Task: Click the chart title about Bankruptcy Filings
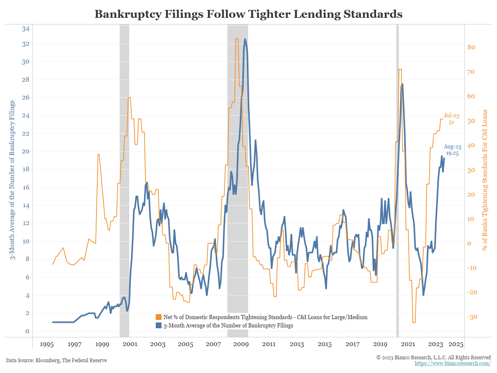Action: pyautogui.click(x=248, y=14)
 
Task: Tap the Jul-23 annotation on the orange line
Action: pyautogui.click(x=451, y=116)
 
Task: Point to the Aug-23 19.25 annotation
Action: pyautogui.click(x=452, y=150)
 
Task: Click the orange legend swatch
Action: pyautogui.click(x=159, y=317)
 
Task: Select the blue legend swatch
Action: pyautogui.click(x=159, y=325)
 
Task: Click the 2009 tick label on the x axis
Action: pyautogui.click(x=241, y=344)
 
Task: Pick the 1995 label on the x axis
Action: pyautogui.click(x=46, y=344)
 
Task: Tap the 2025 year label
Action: pyautogui.click(x=456, y=344)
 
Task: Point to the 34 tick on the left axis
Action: pyautogui.click(x=25, y=29)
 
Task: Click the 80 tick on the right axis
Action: pyautogui.click(x=471, y=47)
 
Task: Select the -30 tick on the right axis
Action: pyautogui.click(x=472, y=317)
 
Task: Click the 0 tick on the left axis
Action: pyautogui.click(x=27, y=331)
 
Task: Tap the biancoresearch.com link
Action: pyautogui.click(x=453, y=363)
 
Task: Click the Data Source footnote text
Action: pyautogui.click(x=56, y=361)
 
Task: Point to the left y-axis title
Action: pyautogui.click(x=12, y=180)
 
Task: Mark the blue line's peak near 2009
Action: pyautogui.click(x=245, y=39)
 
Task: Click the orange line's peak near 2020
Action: pyautogui.click(x=400, y=69)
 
